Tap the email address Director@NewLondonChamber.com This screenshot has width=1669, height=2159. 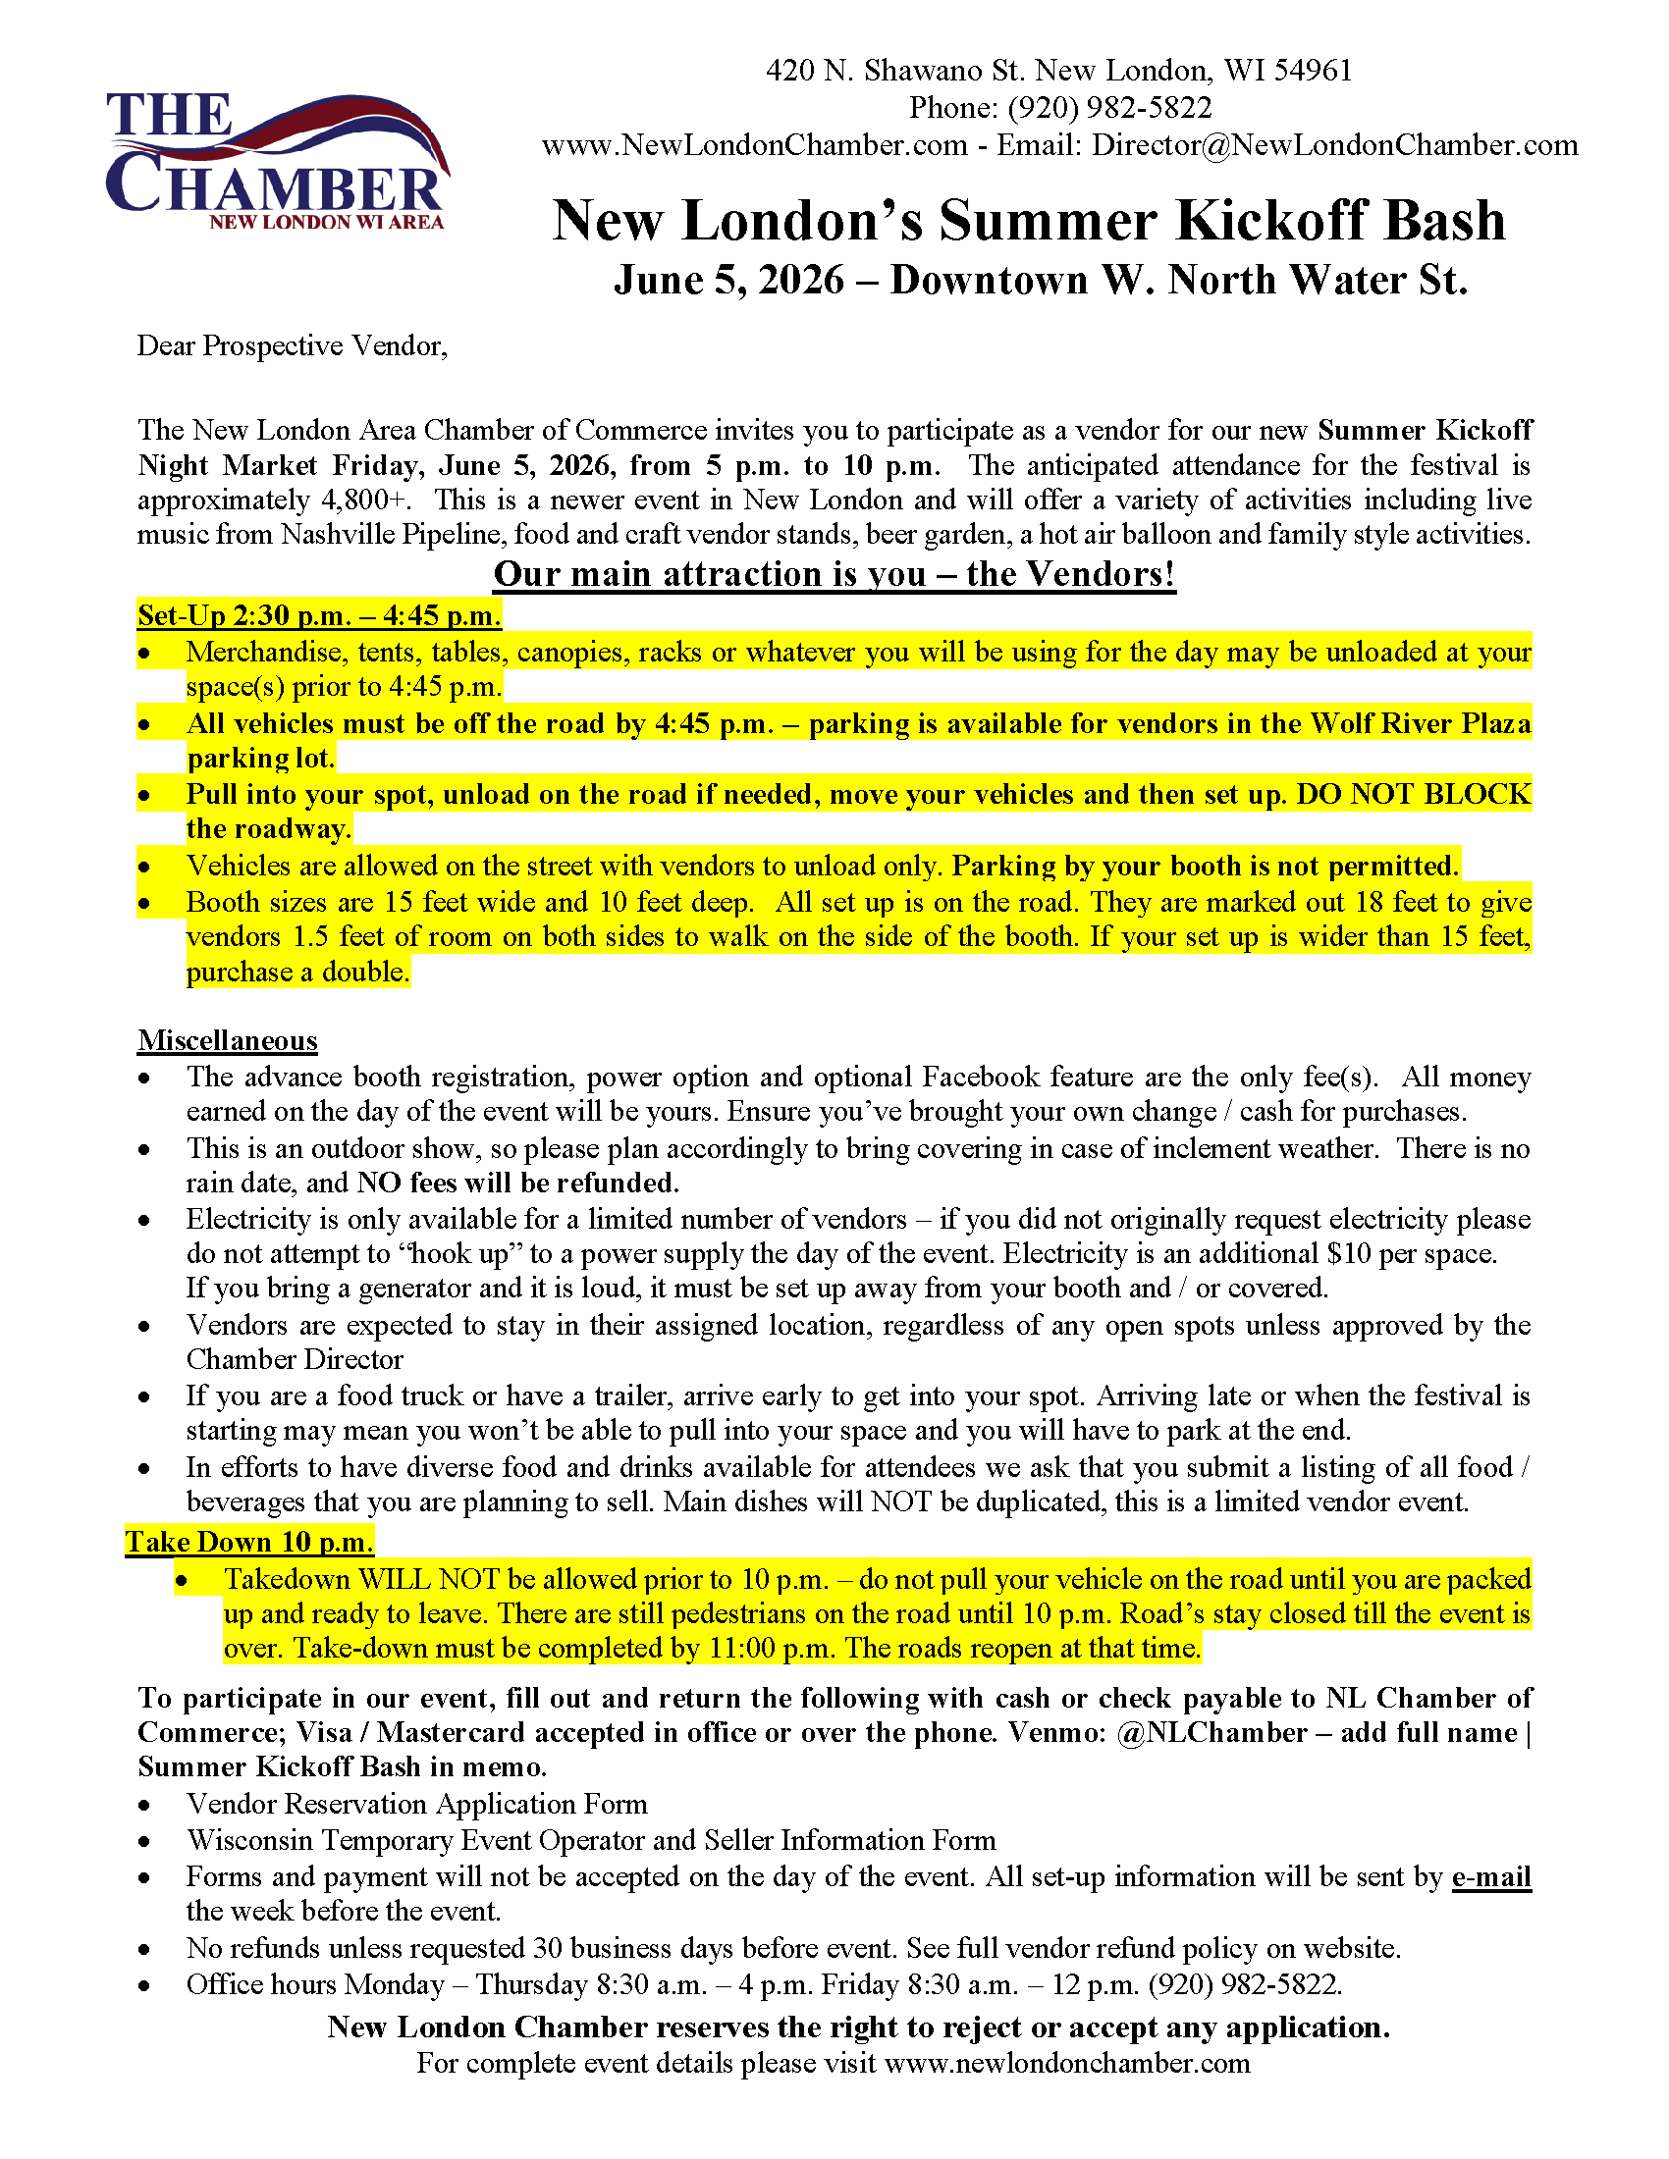(1335, 145)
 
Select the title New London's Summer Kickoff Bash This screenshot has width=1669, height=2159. (1028, 220)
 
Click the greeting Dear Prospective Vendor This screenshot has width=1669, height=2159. (292, 346)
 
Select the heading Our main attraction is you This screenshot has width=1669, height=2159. (834, 574)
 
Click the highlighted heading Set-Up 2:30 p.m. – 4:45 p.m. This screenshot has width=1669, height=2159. (319, 616)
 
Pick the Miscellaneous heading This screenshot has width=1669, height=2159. (228, 1041)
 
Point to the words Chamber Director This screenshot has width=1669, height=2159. (295, 1359)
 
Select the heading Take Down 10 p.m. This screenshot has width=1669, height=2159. (249, 1542)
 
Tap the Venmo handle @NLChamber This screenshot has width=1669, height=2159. (1211, 1733)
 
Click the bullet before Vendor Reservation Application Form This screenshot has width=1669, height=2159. (145, 1805)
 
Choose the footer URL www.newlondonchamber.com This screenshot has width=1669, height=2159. (1067, 2063)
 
